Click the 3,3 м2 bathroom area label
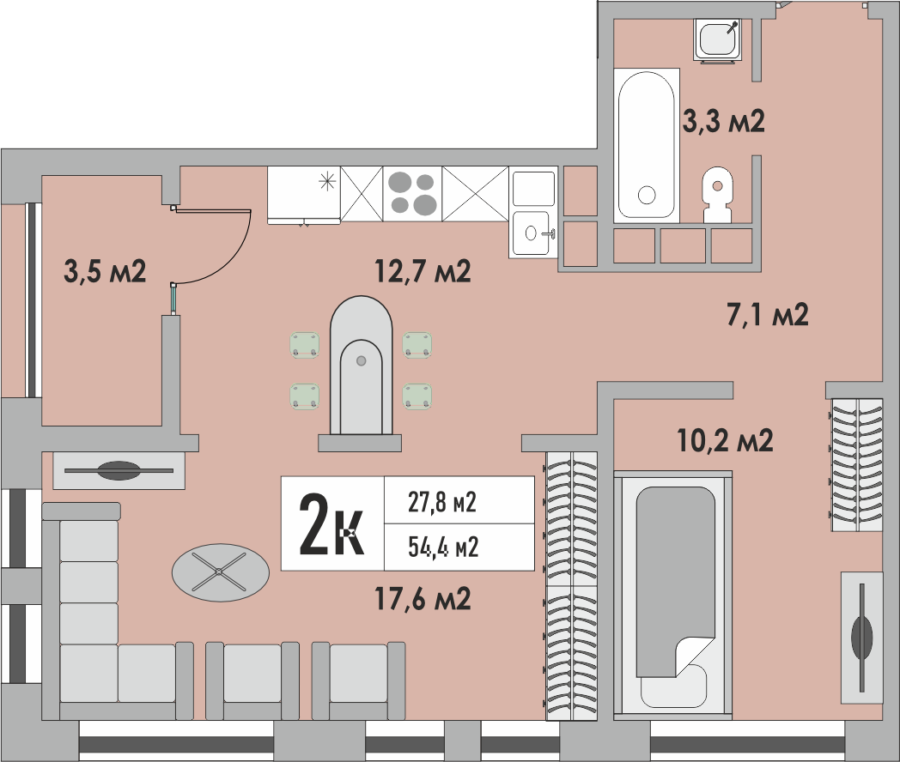coord(723,122)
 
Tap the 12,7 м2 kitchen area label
coord(423,272)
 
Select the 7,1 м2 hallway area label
coord(768,315)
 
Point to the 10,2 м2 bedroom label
coord(725,440)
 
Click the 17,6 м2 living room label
coord(423,597)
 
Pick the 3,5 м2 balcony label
coord(105,272)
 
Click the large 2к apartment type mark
coord(331,524)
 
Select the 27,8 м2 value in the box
coord(441,502)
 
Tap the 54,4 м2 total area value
coord(442,546)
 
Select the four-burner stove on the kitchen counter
coord(412,193)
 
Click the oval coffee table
coord(220,570)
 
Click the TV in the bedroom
coord(860,632)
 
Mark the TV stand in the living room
coord(119,470)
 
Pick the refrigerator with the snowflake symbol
coord(304,193)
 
